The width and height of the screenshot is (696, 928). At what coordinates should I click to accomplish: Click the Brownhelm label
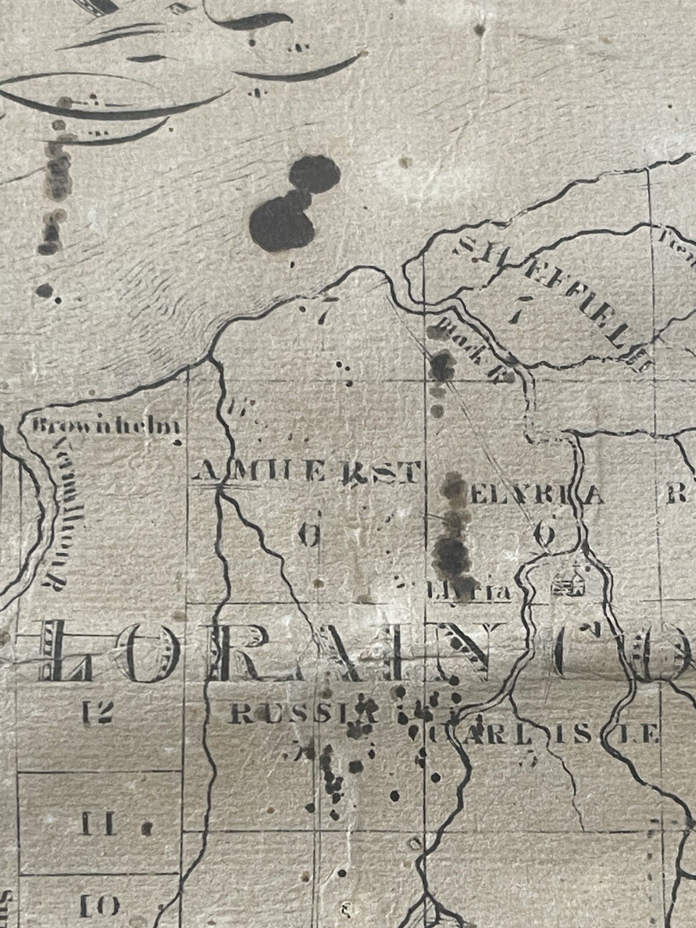point(106,427)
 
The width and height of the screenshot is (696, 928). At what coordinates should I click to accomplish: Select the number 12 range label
point(96,712)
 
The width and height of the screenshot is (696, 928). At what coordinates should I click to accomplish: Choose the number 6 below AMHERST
point(309,535)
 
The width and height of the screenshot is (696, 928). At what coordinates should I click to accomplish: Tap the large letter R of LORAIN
point(232,652)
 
